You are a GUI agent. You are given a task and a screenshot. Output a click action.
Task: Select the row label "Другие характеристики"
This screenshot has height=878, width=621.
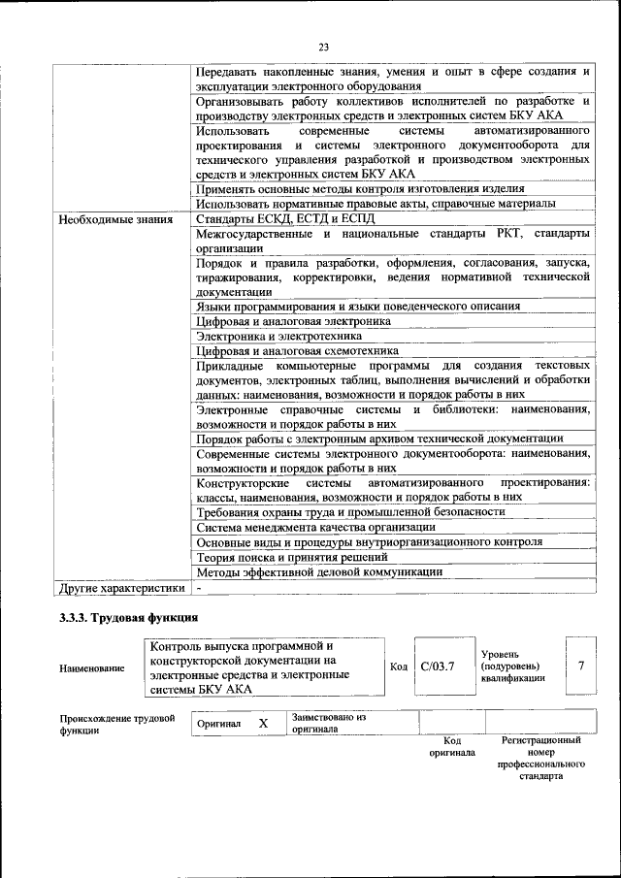(121, 588)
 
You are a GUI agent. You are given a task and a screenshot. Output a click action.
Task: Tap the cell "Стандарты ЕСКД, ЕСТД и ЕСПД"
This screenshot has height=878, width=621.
(284, 218)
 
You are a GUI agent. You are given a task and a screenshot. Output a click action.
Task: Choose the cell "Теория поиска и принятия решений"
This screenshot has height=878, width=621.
(292, 558)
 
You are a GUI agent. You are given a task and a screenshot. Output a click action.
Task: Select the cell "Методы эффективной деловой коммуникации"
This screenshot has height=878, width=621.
(319, 572)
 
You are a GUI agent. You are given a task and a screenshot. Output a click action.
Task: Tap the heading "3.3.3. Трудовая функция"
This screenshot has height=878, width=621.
(129, 617)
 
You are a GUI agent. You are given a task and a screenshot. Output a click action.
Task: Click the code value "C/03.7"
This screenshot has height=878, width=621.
(439, 667)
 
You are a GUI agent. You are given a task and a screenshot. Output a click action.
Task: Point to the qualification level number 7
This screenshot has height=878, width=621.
(581, 666)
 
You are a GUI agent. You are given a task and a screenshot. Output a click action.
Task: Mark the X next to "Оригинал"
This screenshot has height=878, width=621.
(263, 724)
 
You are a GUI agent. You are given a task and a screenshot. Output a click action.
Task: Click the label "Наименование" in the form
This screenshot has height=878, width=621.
(91, 667)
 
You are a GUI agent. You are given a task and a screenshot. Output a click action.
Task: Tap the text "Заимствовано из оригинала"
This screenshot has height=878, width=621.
(329, 723)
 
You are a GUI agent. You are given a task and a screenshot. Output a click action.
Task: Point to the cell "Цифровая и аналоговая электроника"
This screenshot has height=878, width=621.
(294, 320)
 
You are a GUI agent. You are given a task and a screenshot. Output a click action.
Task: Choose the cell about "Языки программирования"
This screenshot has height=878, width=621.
(357, 306)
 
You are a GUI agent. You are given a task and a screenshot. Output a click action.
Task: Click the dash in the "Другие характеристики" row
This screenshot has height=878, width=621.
(198, 588)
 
